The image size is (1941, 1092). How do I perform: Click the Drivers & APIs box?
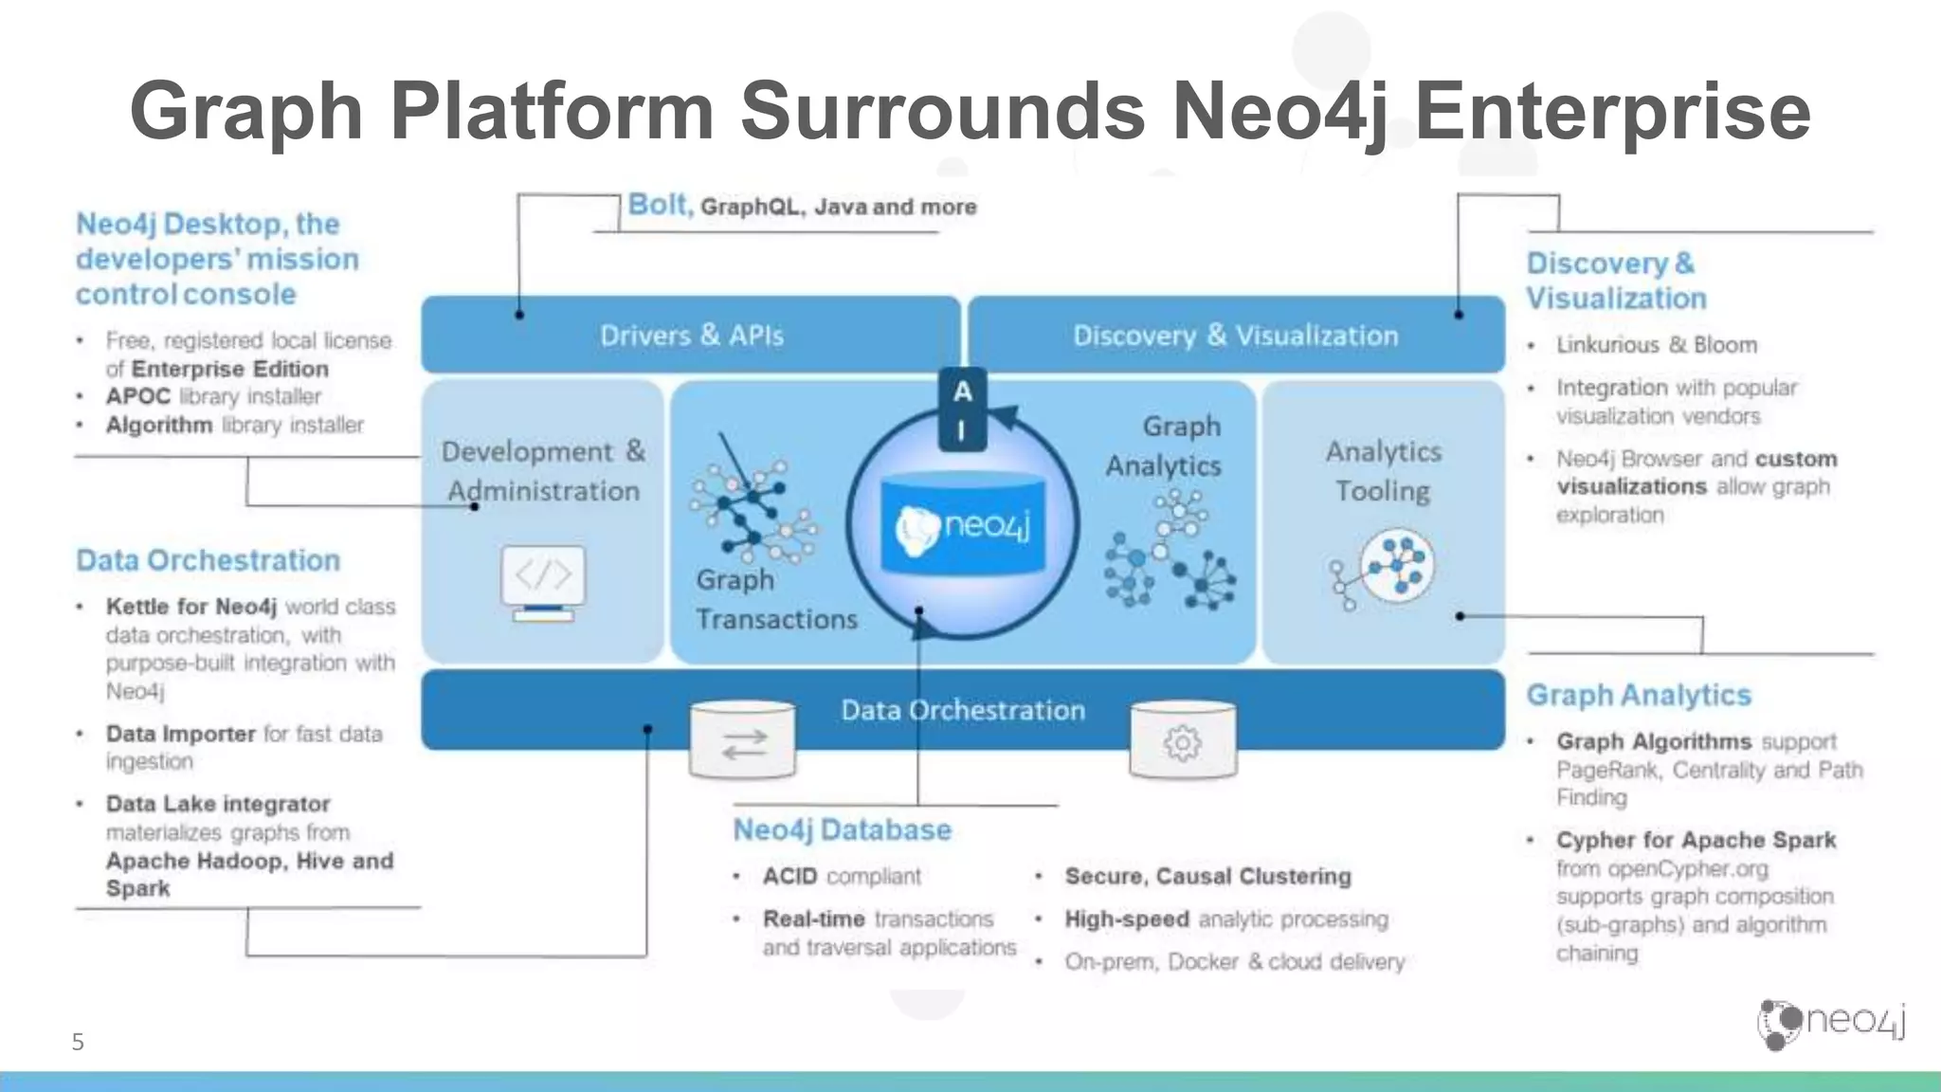[691, 335]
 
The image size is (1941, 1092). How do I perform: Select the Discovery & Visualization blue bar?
[1235, 335]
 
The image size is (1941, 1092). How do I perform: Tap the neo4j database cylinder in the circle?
[963, 525]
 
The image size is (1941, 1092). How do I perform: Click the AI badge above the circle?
[962, 409]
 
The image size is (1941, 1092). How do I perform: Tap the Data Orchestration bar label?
[963, 710]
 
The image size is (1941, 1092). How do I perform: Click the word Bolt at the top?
[658, 205]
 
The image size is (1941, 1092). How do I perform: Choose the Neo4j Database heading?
[842, 829]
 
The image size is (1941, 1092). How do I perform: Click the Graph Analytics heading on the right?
[1638, 695]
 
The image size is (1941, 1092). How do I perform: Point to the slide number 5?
[78, 1042]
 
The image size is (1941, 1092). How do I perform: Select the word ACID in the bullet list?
[789, 876]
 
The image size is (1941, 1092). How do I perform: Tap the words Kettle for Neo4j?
[190, 607]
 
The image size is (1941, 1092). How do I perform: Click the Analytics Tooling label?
[1383, 471]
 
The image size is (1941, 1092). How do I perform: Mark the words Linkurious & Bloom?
[1656, 345]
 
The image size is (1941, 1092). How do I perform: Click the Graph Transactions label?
[775, 599]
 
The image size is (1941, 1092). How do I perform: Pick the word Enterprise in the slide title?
[1612, 112]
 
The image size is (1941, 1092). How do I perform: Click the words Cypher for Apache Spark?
[1696, 840]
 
